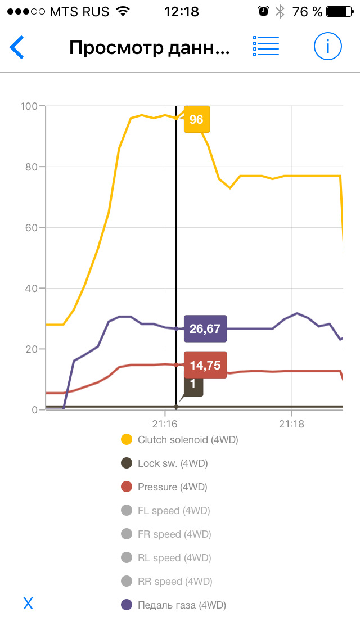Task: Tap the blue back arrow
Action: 17,47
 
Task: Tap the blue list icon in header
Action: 266,47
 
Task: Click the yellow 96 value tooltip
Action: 196,119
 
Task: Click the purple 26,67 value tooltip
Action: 205,328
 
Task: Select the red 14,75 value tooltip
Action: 205,364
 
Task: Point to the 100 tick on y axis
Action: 28,106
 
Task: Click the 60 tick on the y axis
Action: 30,228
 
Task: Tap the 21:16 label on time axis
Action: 164,424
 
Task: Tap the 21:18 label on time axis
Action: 291,424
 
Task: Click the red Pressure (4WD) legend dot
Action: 127,487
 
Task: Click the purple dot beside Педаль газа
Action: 127,605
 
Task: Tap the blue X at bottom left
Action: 28,604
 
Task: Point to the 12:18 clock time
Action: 181,11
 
